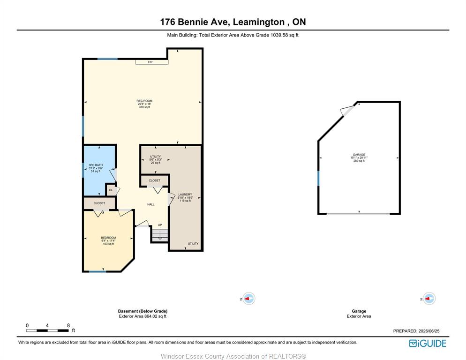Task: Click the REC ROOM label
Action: pyautogui.click(x=144, y=101)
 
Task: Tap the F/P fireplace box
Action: pyautogui.click(x=152, y=62)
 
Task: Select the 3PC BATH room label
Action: pyautogui.click(x=95, y=165)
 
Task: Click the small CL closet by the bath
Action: pyautogui.click(x=111, y=190)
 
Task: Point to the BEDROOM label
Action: pyautogui.click(x=108, y=238)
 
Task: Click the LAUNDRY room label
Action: pyautogui.click(x=185, y=195)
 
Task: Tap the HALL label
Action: pyautogui.click(x=150, y=204)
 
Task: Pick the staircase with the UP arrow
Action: pyautogui.click(x=160, y=235)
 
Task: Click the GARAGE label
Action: pyautogui.click(x=359, y=155)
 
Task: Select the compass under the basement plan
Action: pyautogui.click(x=248, y=299)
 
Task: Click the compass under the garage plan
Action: pyautogui.click(x=429, y=299)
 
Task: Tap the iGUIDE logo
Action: pyautogui.click(x=428, y=343)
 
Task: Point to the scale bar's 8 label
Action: pyautogui.click(x=68, y=325)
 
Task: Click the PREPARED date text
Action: pyautogui.click(x=416, y=331)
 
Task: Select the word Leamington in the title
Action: pyautogui.click(x=259, y=22)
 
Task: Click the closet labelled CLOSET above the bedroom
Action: pyautogui.click(x=99, y=203)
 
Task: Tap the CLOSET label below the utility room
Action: pyautogui.click(x=155, y=180)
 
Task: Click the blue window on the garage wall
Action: pyautogui.click(x=318, y=178)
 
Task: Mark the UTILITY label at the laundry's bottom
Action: pyautogui.click(x=193, y=243)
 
